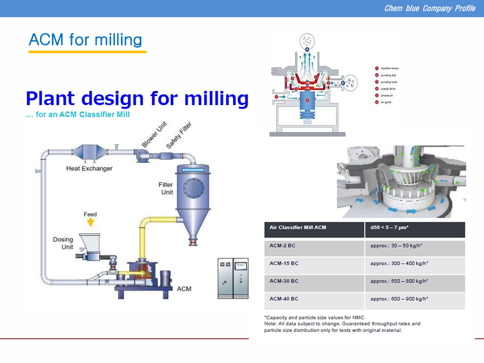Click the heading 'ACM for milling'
click(85, 39)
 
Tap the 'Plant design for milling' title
click(137, 98)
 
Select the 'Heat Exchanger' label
click(89, 169)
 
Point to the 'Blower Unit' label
click(154, 135)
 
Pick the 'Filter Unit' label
click(166, 188)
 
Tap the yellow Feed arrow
click(90, 222)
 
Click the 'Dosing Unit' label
click(63, 243)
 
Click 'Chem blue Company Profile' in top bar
click(429, 8)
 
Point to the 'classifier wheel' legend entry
click(390, 68)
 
